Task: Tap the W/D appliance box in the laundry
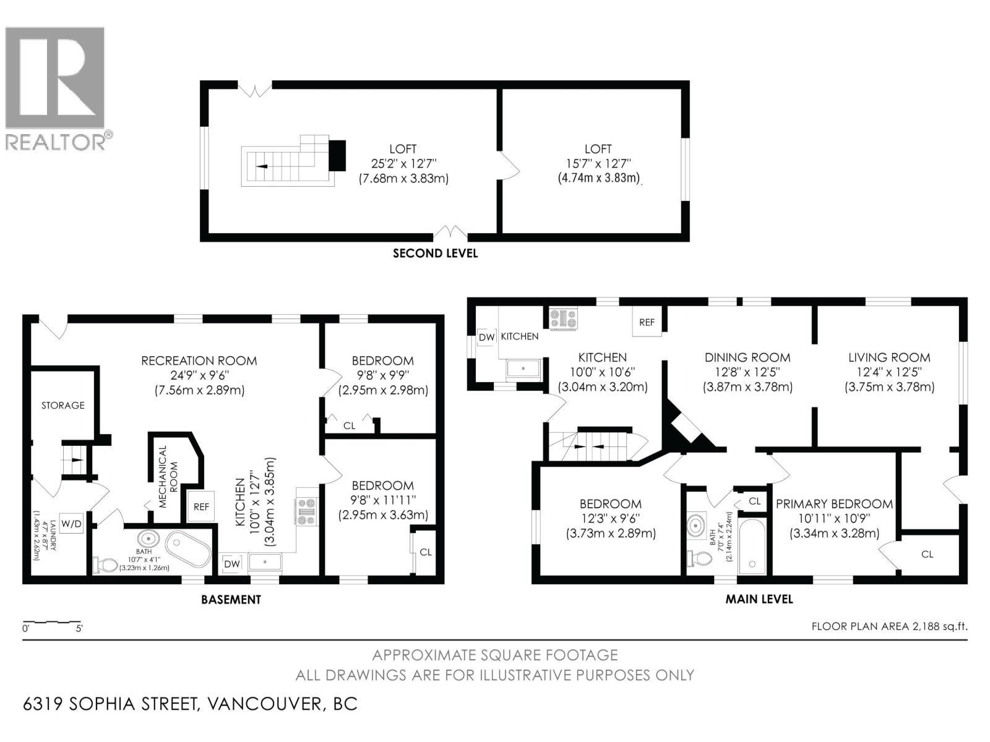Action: [71, 523]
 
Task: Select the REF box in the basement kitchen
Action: [201, 506]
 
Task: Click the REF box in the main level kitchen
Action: [647, 322]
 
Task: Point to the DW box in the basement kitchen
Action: [232, 563]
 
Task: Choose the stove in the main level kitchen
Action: [564, 318]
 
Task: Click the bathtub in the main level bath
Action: [752, 547]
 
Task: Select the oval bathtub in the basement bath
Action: [188, 550]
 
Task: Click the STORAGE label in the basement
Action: [63, 405]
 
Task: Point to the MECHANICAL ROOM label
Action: [168, 477]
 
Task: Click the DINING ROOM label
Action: [747, 357]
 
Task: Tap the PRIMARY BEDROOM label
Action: [835, 504]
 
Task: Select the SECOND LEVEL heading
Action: [435, 253]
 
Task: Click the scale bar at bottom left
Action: [52, 623]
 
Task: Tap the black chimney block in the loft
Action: [337, 156]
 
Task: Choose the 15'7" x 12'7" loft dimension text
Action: [598, 163]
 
